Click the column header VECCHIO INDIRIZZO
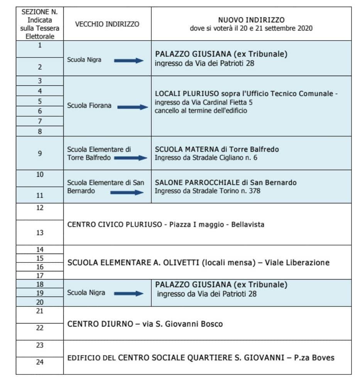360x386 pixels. [x=107, y=24]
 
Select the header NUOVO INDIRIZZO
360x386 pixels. [x=251, y=20]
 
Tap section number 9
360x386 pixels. [x=40, y=153]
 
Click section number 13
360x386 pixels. [x=40, y=233]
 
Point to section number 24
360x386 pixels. [x=40, y=362]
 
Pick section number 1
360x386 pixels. [x=40, y=45]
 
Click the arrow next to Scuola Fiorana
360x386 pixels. [x=132, y=107]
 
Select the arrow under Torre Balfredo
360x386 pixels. [x=132, y=158]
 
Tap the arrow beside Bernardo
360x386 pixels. [x=126, y=192]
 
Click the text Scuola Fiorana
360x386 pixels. [x=89, y=105]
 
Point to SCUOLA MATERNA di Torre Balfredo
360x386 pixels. [x=217, y=149]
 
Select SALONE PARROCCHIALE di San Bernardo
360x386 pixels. [x=226, y=183]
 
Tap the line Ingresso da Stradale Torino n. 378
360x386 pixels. [x=208, y=191]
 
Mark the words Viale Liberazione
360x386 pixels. [x=297, y=262]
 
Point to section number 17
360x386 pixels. [x=40, y=276]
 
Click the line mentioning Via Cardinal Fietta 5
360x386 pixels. [x=204, y=102]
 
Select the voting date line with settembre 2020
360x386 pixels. [x=251, y=28]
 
